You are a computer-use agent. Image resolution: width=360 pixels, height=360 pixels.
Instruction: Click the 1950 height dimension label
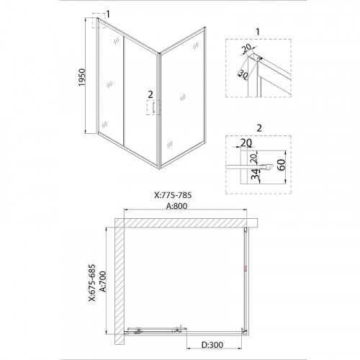click(x=82, y=77)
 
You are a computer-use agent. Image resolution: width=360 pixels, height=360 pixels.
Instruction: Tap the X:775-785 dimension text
click(x=173, y=195)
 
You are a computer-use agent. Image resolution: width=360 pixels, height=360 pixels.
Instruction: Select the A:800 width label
click(x=177, y=206)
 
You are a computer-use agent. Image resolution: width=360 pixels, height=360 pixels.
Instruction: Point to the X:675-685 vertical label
click(x=92, y=282)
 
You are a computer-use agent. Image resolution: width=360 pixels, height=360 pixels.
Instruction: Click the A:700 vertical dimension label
click(x=103, y=282)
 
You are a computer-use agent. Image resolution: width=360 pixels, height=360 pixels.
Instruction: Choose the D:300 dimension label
click(x=212, y=345)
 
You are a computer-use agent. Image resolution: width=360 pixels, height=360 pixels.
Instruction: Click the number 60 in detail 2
click(x=282, y=165)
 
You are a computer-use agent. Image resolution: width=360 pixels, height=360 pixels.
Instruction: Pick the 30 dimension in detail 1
click(x=243, y=75)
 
